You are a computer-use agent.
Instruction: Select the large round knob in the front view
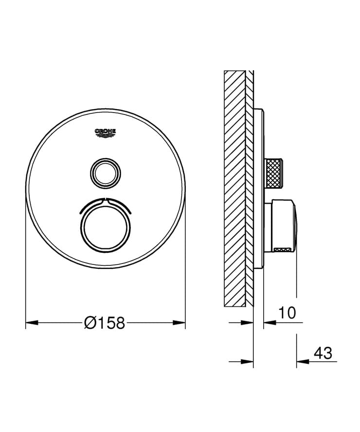[105, 225]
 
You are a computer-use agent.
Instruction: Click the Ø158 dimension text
[105, 322]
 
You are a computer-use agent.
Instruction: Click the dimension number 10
[288, 313]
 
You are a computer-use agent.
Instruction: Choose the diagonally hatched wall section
[234, 188]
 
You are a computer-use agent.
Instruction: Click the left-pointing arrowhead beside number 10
[270, 322]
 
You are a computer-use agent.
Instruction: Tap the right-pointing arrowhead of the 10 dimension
[248, 322]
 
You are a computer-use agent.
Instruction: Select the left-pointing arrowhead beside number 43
[303, 361]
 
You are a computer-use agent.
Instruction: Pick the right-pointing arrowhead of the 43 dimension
[248, 361]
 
